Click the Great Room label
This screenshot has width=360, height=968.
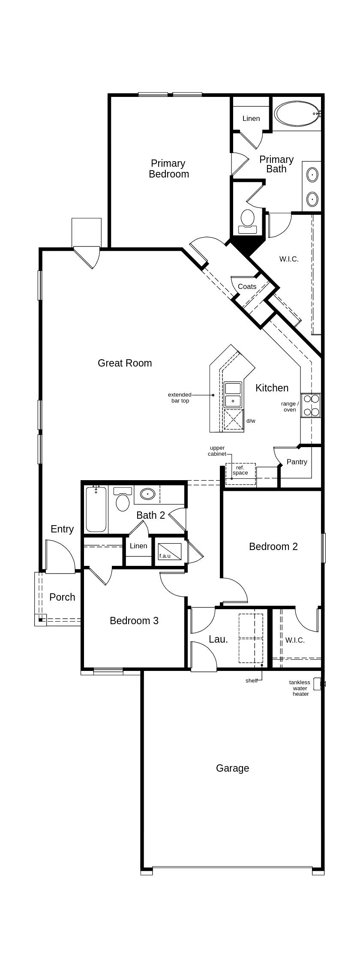pos(125,363)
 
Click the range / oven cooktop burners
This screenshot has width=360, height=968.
pos(311,405)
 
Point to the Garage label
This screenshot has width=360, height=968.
pos(232,768)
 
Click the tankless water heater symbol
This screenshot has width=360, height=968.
pos(318,684)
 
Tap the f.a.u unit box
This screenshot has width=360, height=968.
pos(170,552)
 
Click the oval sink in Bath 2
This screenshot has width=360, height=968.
pos(147,494)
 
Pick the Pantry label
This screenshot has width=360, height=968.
pos(297,462)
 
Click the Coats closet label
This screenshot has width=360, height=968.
pos(247,286)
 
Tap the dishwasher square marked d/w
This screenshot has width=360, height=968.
pos(234,419)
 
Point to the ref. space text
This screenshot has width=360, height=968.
pos(240,470)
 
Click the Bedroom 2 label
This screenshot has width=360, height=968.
pos(273,547)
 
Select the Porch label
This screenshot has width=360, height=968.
pos(62,597)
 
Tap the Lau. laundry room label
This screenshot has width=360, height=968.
pos(218,639)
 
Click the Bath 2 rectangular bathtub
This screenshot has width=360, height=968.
pos(96,509)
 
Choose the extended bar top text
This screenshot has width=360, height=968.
pos(180,398)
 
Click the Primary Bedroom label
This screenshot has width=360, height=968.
pos(169,168)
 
